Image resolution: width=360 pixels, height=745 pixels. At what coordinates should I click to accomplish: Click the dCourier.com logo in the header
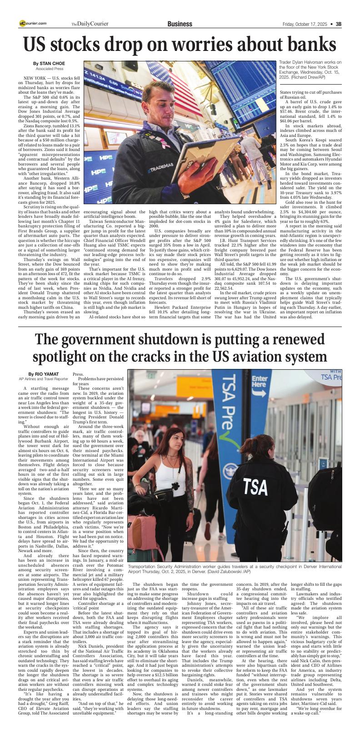point(33,23)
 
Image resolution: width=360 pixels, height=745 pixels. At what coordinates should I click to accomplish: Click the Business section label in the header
point(180,24)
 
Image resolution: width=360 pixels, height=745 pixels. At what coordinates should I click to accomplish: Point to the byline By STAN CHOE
point(49,63)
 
